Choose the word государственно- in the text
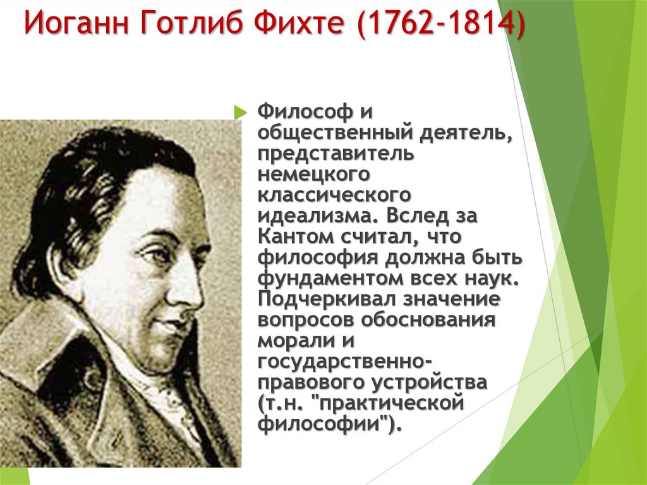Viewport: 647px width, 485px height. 345,360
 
